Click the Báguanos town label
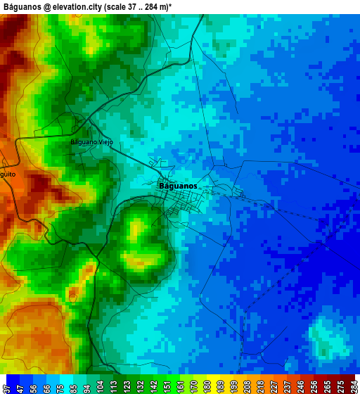click(178, 186)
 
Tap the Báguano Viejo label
click(91, 141)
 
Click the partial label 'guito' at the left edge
click(8, 174)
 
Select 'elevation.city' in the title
click(77, 6)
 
